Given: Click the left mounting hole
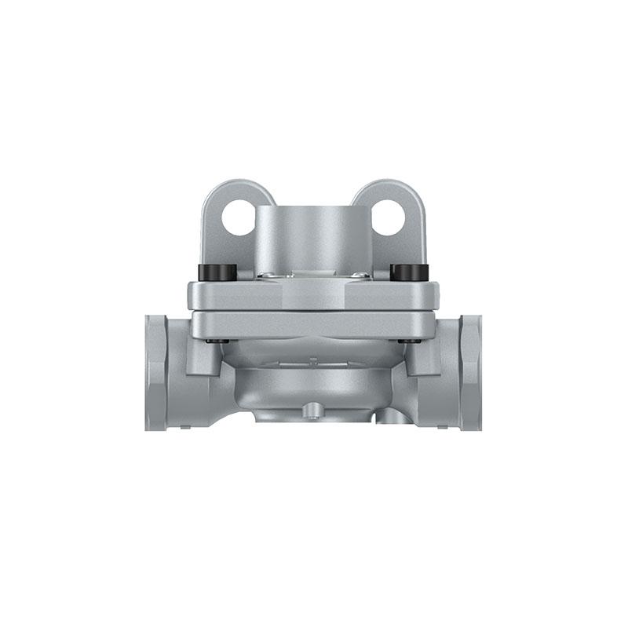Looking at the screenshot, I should tap(238, 217).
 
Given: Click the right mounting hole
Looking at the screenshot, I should tap(388, 217).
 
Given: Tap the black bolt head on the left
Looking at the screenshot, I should tap(217, 272).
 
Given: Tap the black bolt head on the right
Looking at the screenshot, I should tap(409, 272).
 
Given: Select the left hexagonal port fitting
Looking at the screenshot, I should tap(156, 373).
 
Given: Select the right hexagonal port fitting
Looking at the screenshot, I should tap(470, 373).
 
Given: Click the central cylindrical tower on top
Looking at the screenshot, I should tap(313, 235).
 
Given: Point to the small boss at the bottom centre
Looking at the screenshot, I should tap(313, 410).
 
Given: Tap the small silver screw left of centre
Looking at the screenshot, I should tap(267, 276).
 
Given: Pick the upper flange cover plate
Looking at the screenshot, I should tap(313, 294).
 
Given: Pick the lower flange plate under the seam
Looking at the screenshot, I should tap(313, 324).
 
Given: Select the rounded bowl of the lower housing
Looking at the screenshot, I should tap(313, 385).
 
